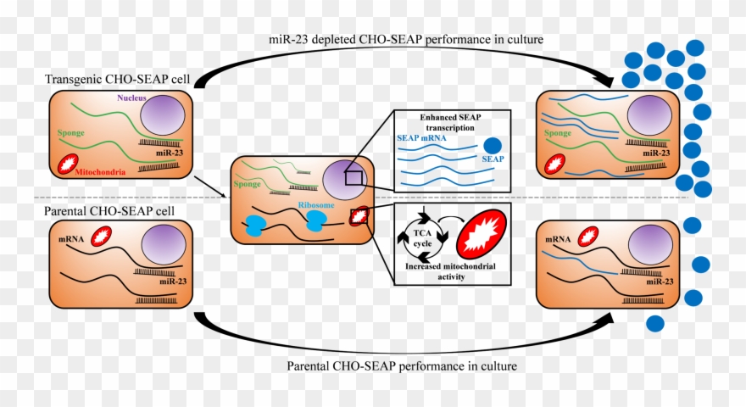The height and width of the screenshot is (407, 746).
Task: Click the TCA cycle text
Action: pyautogui.click(x=422, y=240)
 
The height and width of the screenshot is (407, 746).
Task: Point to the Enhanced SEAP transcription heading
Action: pyautogui.click(x=456, y=121)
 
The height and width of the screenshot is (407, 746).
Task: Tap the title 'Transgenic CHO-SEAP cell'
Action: pyautogui.click(x=119, y=79)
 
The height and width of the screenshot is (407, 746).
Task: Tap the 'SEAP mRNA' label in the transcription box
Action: pyautogui.click(x=426, y=137)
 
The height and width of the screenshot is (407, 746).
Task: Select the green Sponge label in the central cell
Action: pyautogui.click(x=248, y=182)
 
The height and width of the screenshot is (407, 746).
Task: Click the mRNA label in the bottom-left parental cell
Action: pyautogui.click(x=70, y=240)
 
